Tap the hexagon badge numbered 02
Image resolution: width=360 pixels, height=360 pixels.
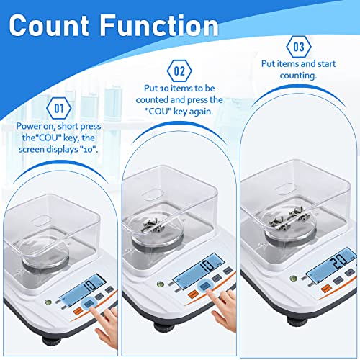(180, 71)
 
